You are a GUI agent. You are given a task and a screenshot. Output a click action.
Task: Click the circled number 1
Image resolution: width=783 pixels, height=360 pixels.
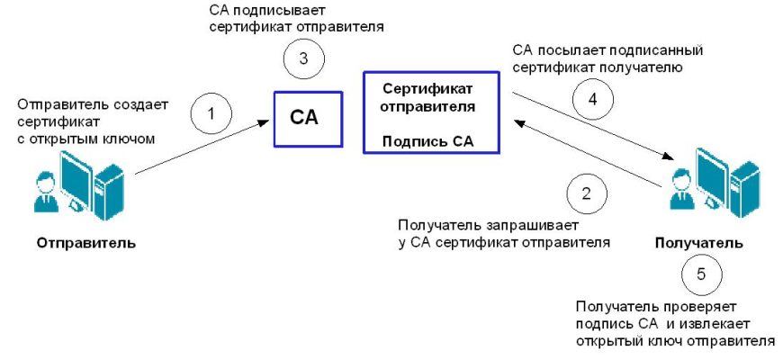(211, 114)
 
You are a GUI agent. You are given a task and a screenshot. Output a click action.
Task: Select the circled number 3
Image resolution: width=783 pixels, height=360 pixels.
(303, 59)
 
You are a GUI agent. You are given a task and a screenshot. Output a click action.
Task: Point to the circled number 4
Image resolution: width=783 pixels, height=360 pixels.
(592, 101)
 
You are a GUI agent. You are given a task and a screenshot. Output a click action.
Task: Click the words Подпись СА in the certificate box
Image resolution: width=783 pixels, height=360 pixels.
(427, 142)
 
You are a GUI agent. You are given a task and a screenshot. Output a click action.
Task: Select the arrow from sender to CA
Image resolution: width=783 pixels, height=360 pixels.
(203, 148)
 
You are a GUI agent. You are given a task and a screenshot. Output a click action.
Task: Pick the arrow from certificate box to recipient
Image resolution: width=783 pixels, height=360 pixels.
(594, 126)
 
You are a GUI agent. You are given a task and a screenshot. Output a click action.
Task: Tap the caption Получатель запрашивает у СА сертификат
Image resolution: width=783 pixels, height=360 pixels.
(503, 233)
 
